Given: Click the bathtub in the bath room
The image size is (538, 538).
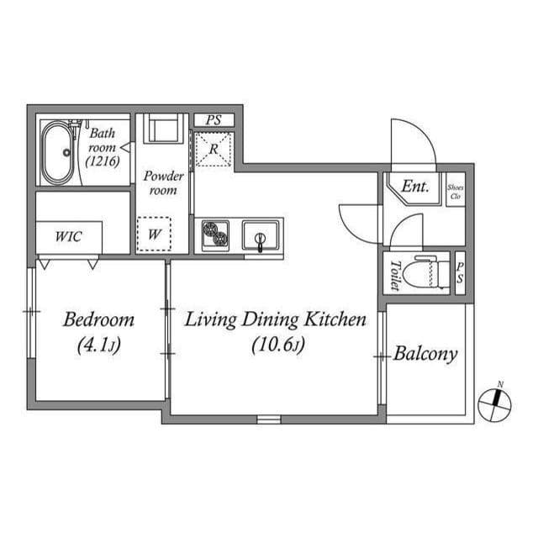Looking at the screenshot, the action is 58,152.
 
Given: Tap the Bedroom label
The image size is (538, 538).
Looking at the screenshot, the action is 99,319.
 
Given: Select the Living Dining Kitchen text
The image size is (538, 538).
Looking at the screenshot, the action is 276,319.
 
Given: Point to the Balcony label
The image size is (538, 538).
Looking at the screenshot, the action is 425,354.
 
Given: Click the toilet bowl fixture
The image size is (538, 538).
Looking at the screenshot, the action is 425,273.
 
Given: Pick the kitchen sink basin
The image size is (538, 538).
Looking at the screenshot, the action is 261,235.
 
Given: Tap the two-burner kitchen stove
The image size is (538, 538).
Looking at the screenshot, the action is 215,235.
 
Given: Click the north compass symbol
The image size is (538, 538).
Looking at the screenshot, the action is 495,404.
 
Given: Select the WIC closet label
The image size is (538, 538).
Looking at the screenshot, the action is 69,236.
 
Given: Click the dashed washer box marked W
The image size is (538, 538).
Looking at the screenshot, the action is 154,234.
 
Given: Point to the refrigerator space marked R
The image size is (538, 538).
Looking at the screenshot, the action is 214,150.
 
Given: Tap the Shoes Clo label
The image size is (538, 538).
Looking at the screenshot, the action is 456,193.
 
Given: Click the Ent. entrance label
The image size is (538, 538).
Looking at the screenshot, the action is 415,187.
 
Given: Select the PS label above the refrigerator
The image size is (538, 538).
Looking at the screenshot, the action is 214,120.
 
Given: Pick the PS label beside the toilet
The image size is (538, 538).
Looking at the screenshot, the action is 460,272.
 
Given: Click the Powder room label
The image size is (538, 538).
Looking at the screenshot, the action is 163,183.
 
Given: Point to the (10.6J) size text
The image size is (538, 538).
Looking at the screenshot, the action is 278,345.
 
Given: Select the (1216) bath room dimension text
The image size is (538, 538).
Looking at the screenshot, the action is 103,161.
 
